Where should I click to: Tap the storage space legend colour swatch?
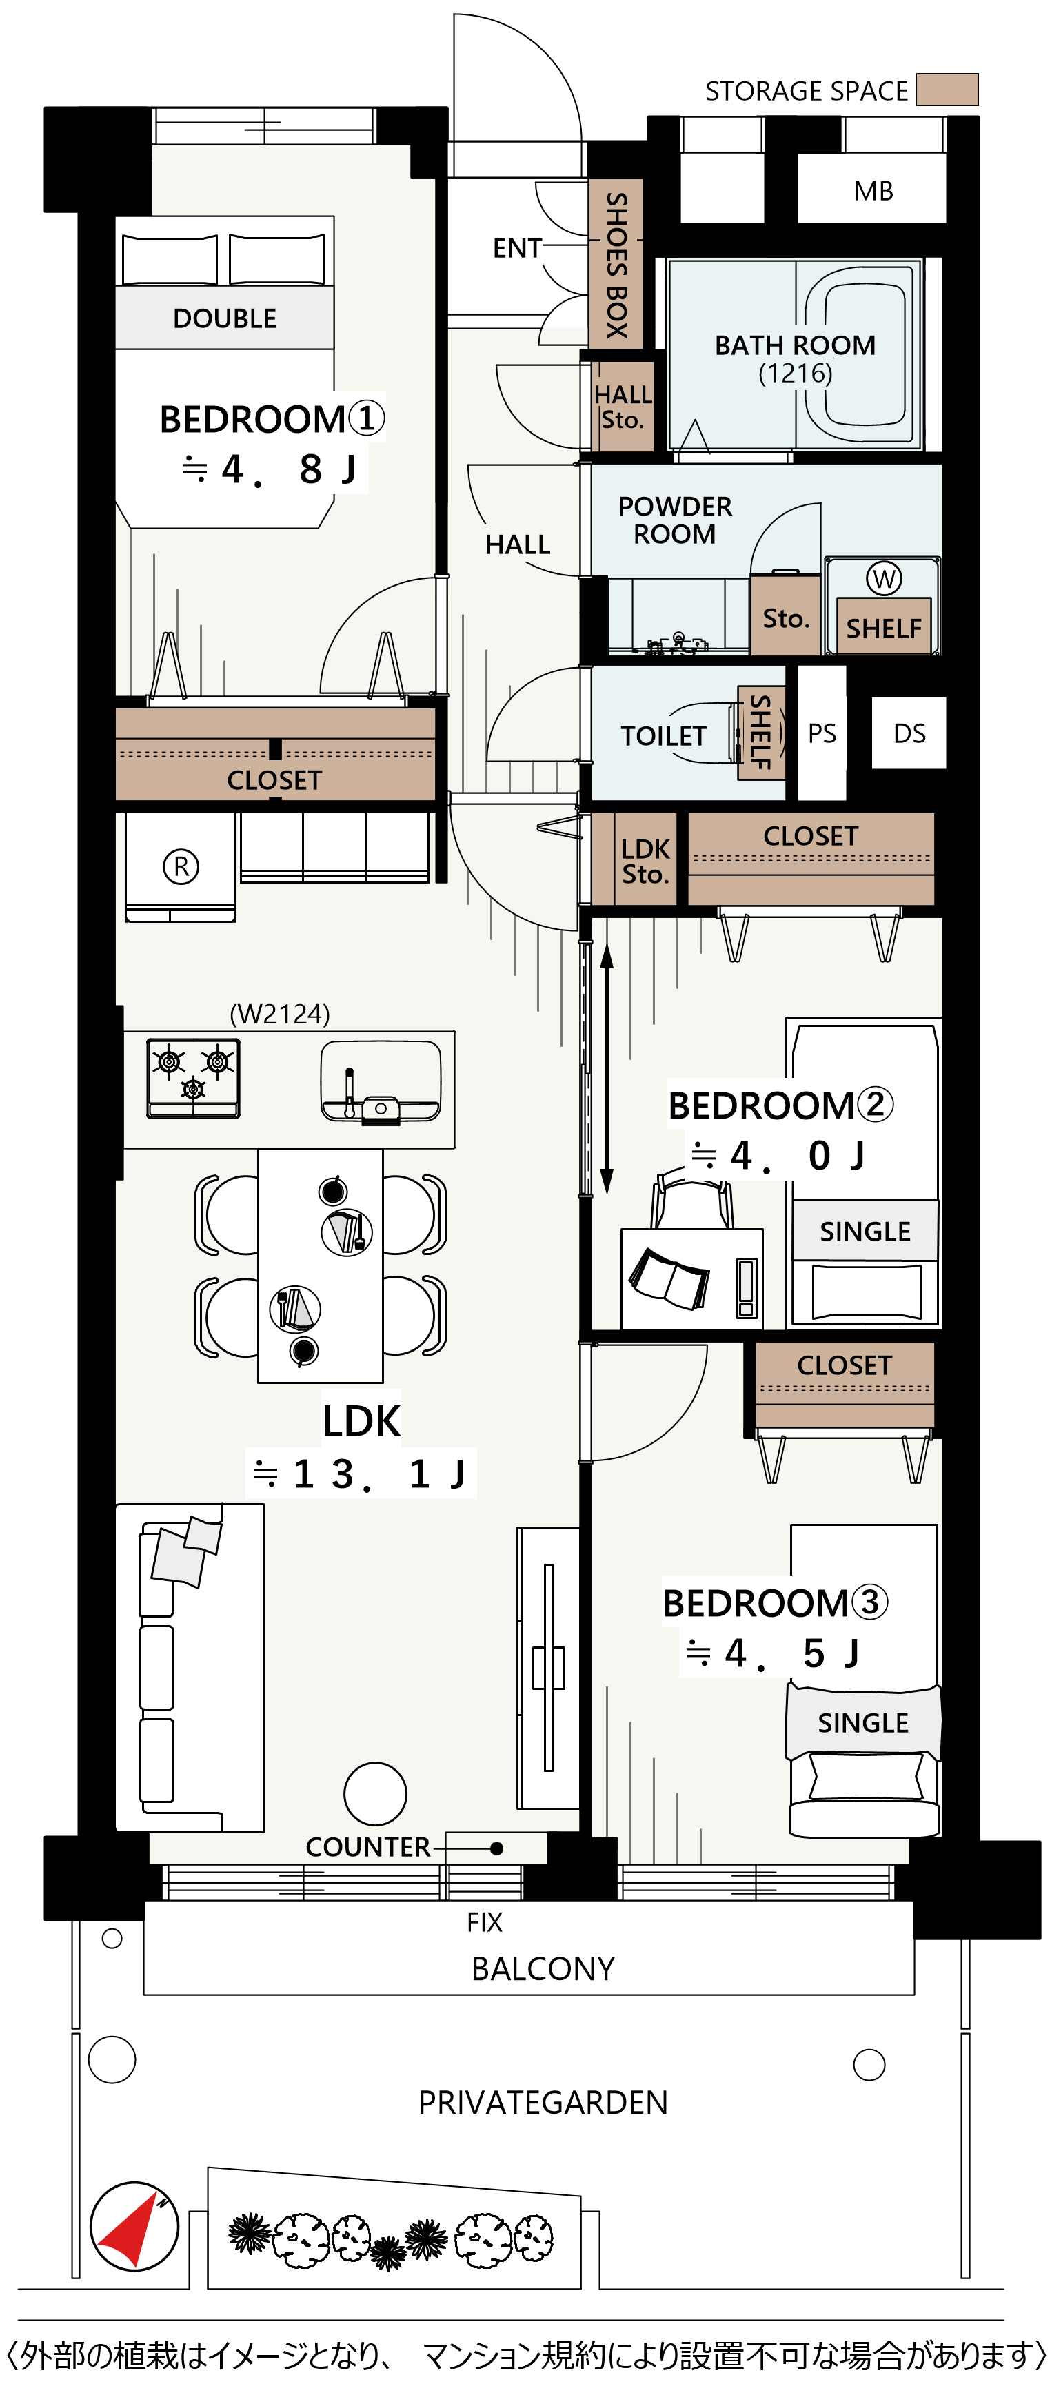[x=947, y=90]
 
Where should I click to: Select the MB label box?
[x=873, y=191]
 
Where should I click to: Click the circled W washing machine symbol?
[x=884, y=579]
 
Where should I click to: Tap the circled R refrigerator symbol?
[x=181, y=867]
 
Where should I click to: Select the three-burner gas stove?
[x=193, y=1078]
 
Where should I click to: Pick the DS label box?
[x=909, y=733]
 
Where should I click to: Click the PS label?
[x=822, y=733]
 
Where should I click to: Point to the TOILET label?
[x=663, y=736]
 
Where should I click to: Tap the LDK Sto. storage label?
[x=645, y=861]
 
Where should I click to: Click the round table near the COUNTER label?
[x=375, y=1794]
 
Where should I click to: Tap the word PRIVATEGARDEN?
[x=543, y=2103]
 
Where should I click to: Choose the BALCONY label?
[x=543, y=1968]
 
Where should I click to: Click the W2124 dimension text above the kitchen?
[x=280, y=1014]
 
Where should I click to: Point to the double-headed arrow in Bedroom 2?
[x=607, y=1069]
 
